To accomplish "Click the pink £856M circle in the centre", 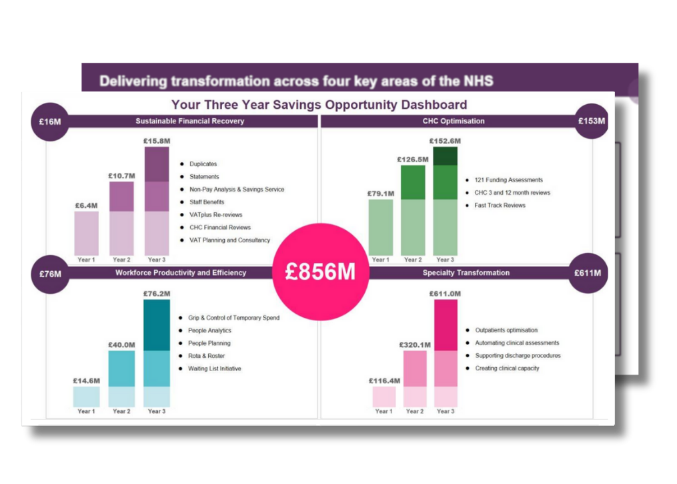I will click(320, 272).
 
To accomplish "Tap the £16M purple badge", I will click(50, 122).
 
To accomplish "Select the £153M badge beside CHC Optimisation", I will click(592, 122).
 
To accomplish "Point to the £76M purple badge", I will click(50, 274).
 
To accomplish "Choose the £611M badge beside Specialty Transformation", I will click(588, 273).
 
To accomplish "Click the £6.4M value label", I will click(87, 206).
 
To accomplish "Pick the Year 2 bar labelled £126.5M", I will click(413, 210).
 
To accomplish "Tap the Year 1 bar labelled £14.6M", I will click(87, 397).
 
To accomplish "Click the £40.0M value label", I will click(121, 345).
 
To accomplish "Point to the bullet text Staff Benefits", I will click(207, 202).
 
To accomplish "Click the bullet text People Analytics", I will click(209, 330).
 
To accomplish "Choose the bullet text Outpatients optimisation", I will click(506, 330).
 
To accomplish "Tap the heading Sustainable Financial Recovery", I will click(189, 122).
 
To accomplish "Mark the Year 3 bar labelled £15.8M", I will click(157, 201).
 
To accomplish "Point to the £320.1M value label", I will click(414, 345).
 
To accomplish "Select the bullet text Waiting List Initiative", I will click(215, 369).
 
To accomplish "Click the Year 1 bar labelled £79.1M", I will click(381, 227).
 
